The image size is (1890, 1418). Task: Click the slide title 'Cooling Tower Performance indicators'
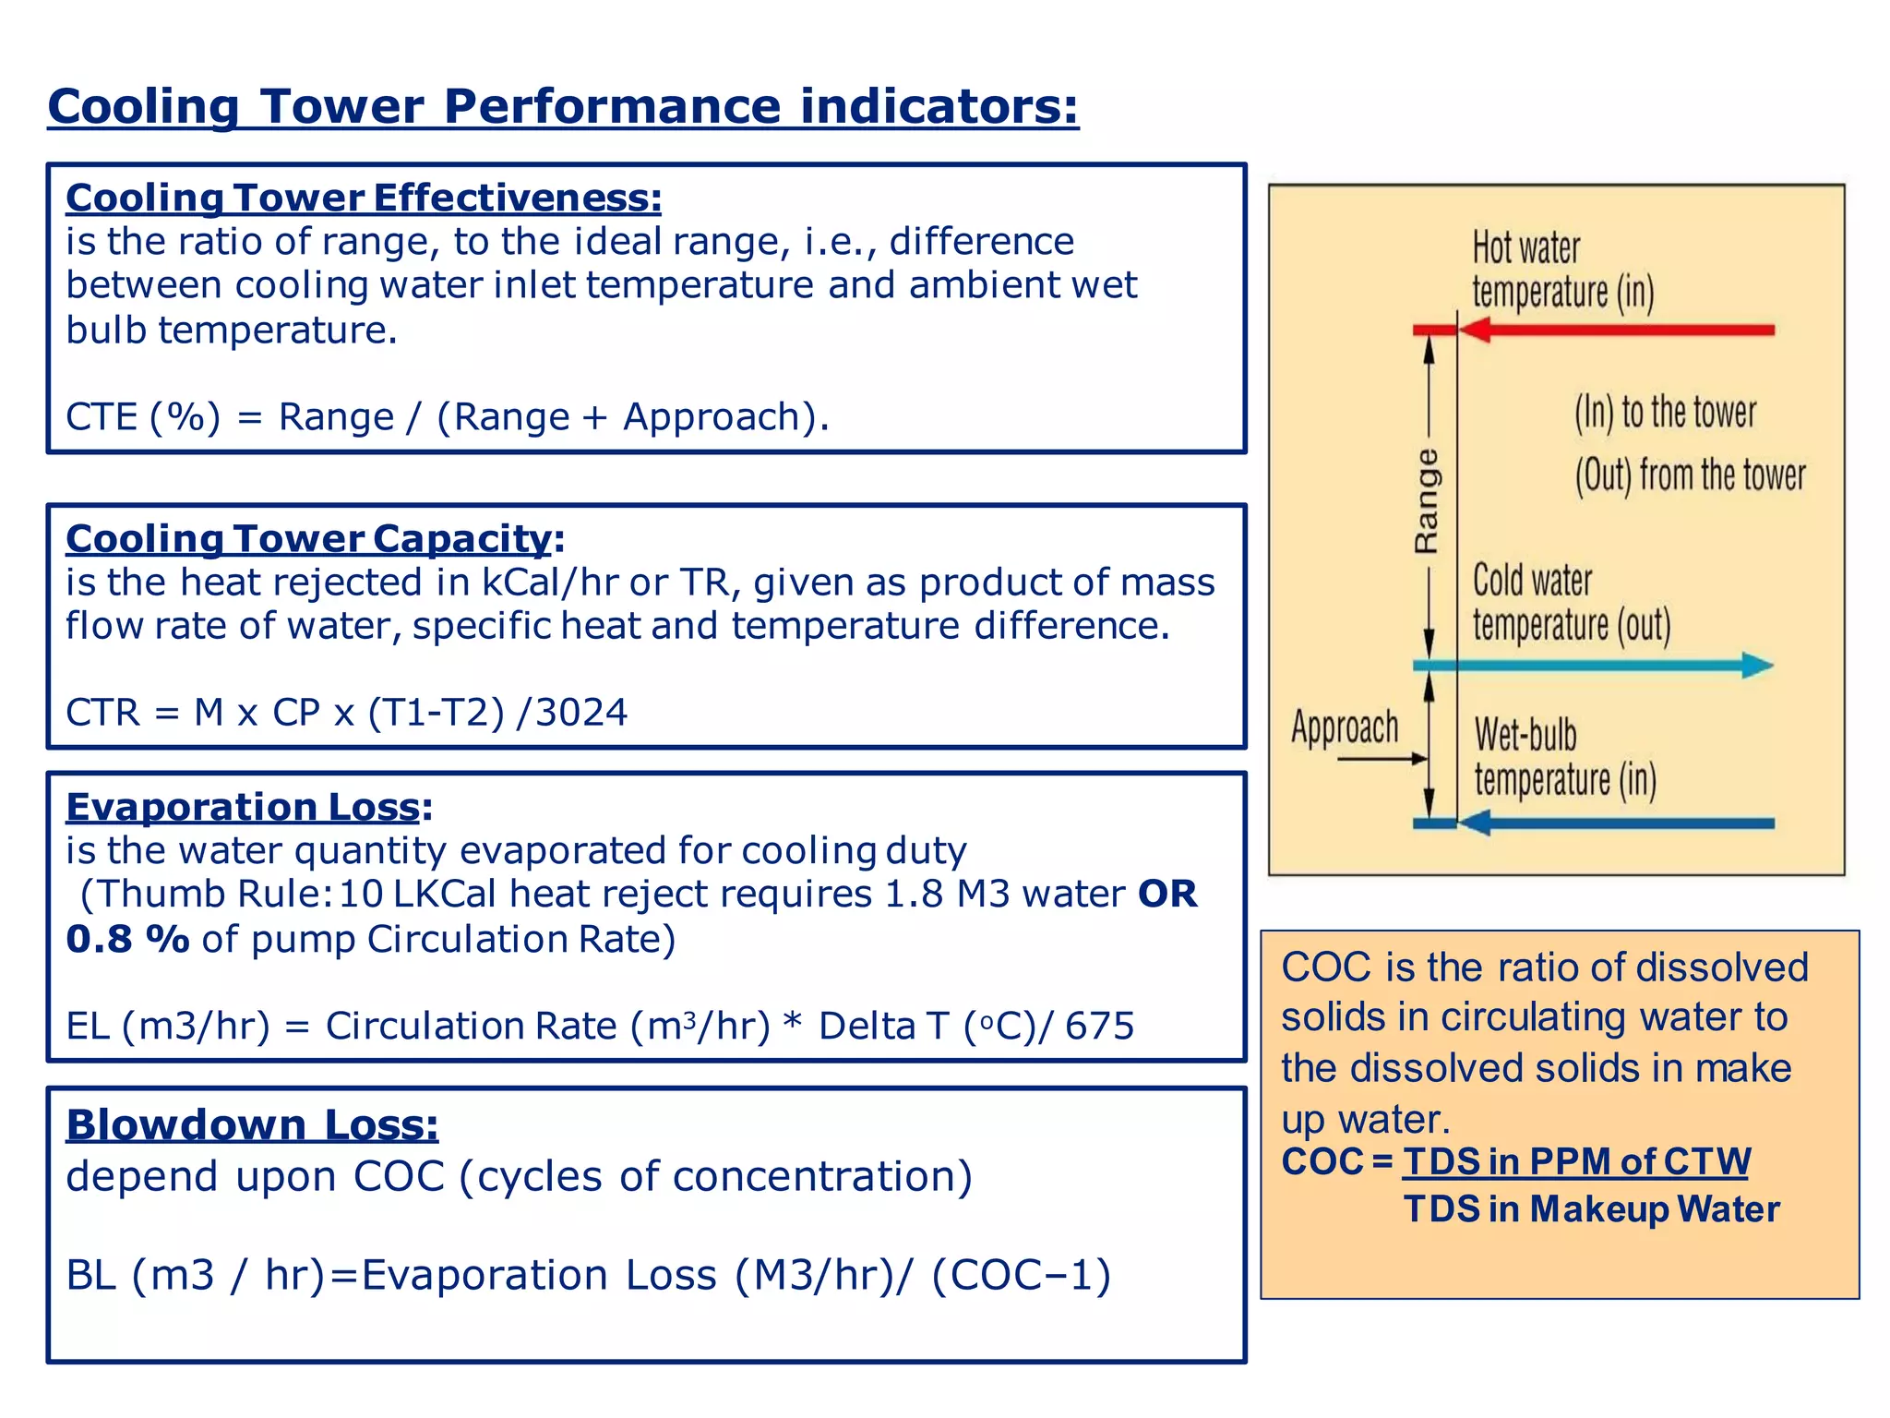563,107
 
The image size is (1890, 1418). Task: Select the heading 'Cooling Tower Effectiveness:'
364,198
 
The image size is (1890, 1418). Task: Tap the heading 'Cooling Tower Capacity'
309,538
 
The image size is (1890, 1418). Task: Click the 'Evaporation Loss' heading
244,807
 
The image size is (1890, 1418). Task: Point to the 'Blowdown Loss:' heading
252,1124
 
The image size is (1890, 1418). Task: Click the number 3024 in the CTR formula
581,713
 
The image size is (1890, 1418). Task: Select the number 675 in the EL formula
1099,1026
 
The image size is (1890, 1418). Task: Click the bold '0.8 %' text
127,939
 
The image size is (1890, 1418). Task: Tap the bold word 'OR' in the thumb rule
1167,894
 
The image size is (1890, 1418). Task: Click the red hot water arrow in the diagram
1615,330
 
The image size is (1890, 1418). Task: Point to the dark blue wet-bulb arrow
1615,823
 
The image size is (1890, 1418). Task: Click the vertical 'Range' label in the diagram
1427,501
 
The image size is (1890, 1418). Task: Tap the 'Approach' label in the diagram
1345,727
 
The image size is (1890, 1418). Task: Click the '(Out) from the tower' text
1690,475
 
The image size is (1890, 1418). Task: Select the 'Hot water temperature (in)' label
1561,270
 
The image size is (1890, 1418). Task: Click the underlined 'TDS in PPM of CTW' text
1575,1161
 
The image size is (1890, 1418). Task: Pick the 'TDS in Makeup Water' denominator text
1591,1209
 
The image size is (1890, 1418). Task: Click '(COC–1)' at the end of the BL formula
1021,1275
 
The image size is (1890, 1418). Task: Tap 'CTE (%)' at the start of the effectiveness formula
143,417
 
